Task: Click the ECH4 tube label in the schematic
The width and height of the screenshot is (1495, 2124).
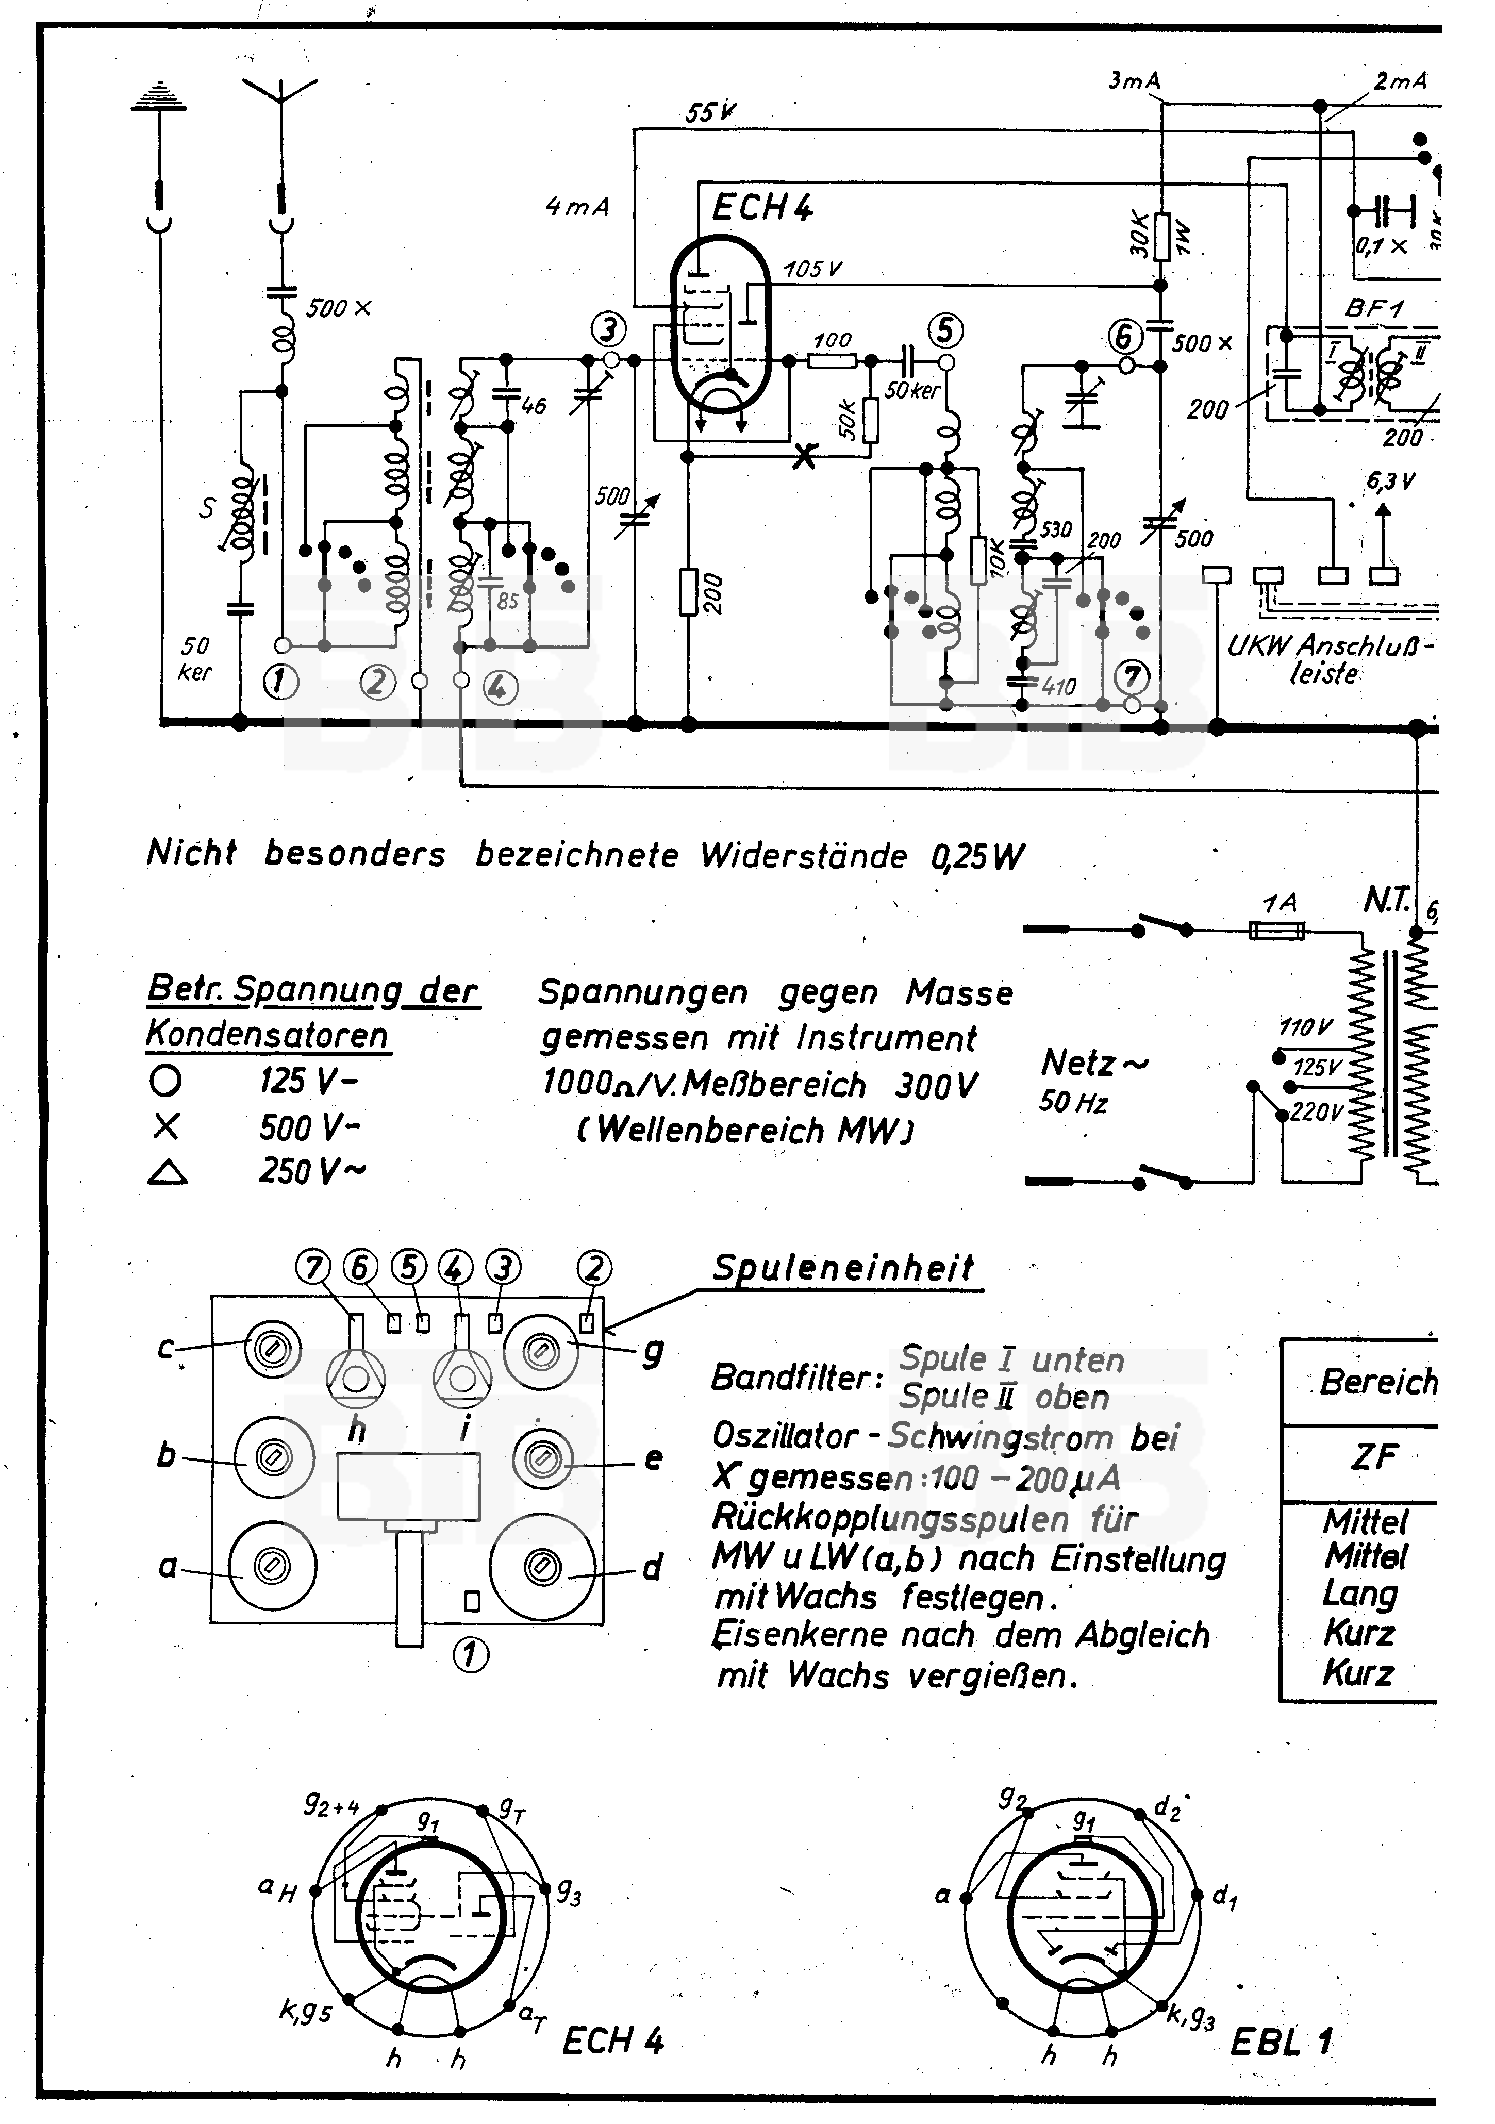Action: click(x=761, y=208)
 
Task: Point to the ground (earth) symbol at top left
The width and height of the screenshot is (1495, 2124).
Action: click(x=159, y=96)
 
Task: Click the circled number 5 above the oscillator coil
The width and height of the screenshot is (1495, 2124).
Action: click(x=944, y=330)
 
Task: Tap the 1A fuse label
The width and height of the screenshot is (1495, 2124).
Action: click(x=1280, y=902)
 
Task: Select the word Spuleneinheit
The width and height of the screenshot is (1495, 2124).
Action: click(x=843, y=1267)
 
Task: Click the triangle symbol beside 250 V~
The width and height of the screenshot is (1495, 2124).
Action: click(x=168, y=1173)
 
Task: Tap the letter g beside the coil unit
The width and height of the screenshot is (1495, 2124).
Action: click(x=653, y=1353)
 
